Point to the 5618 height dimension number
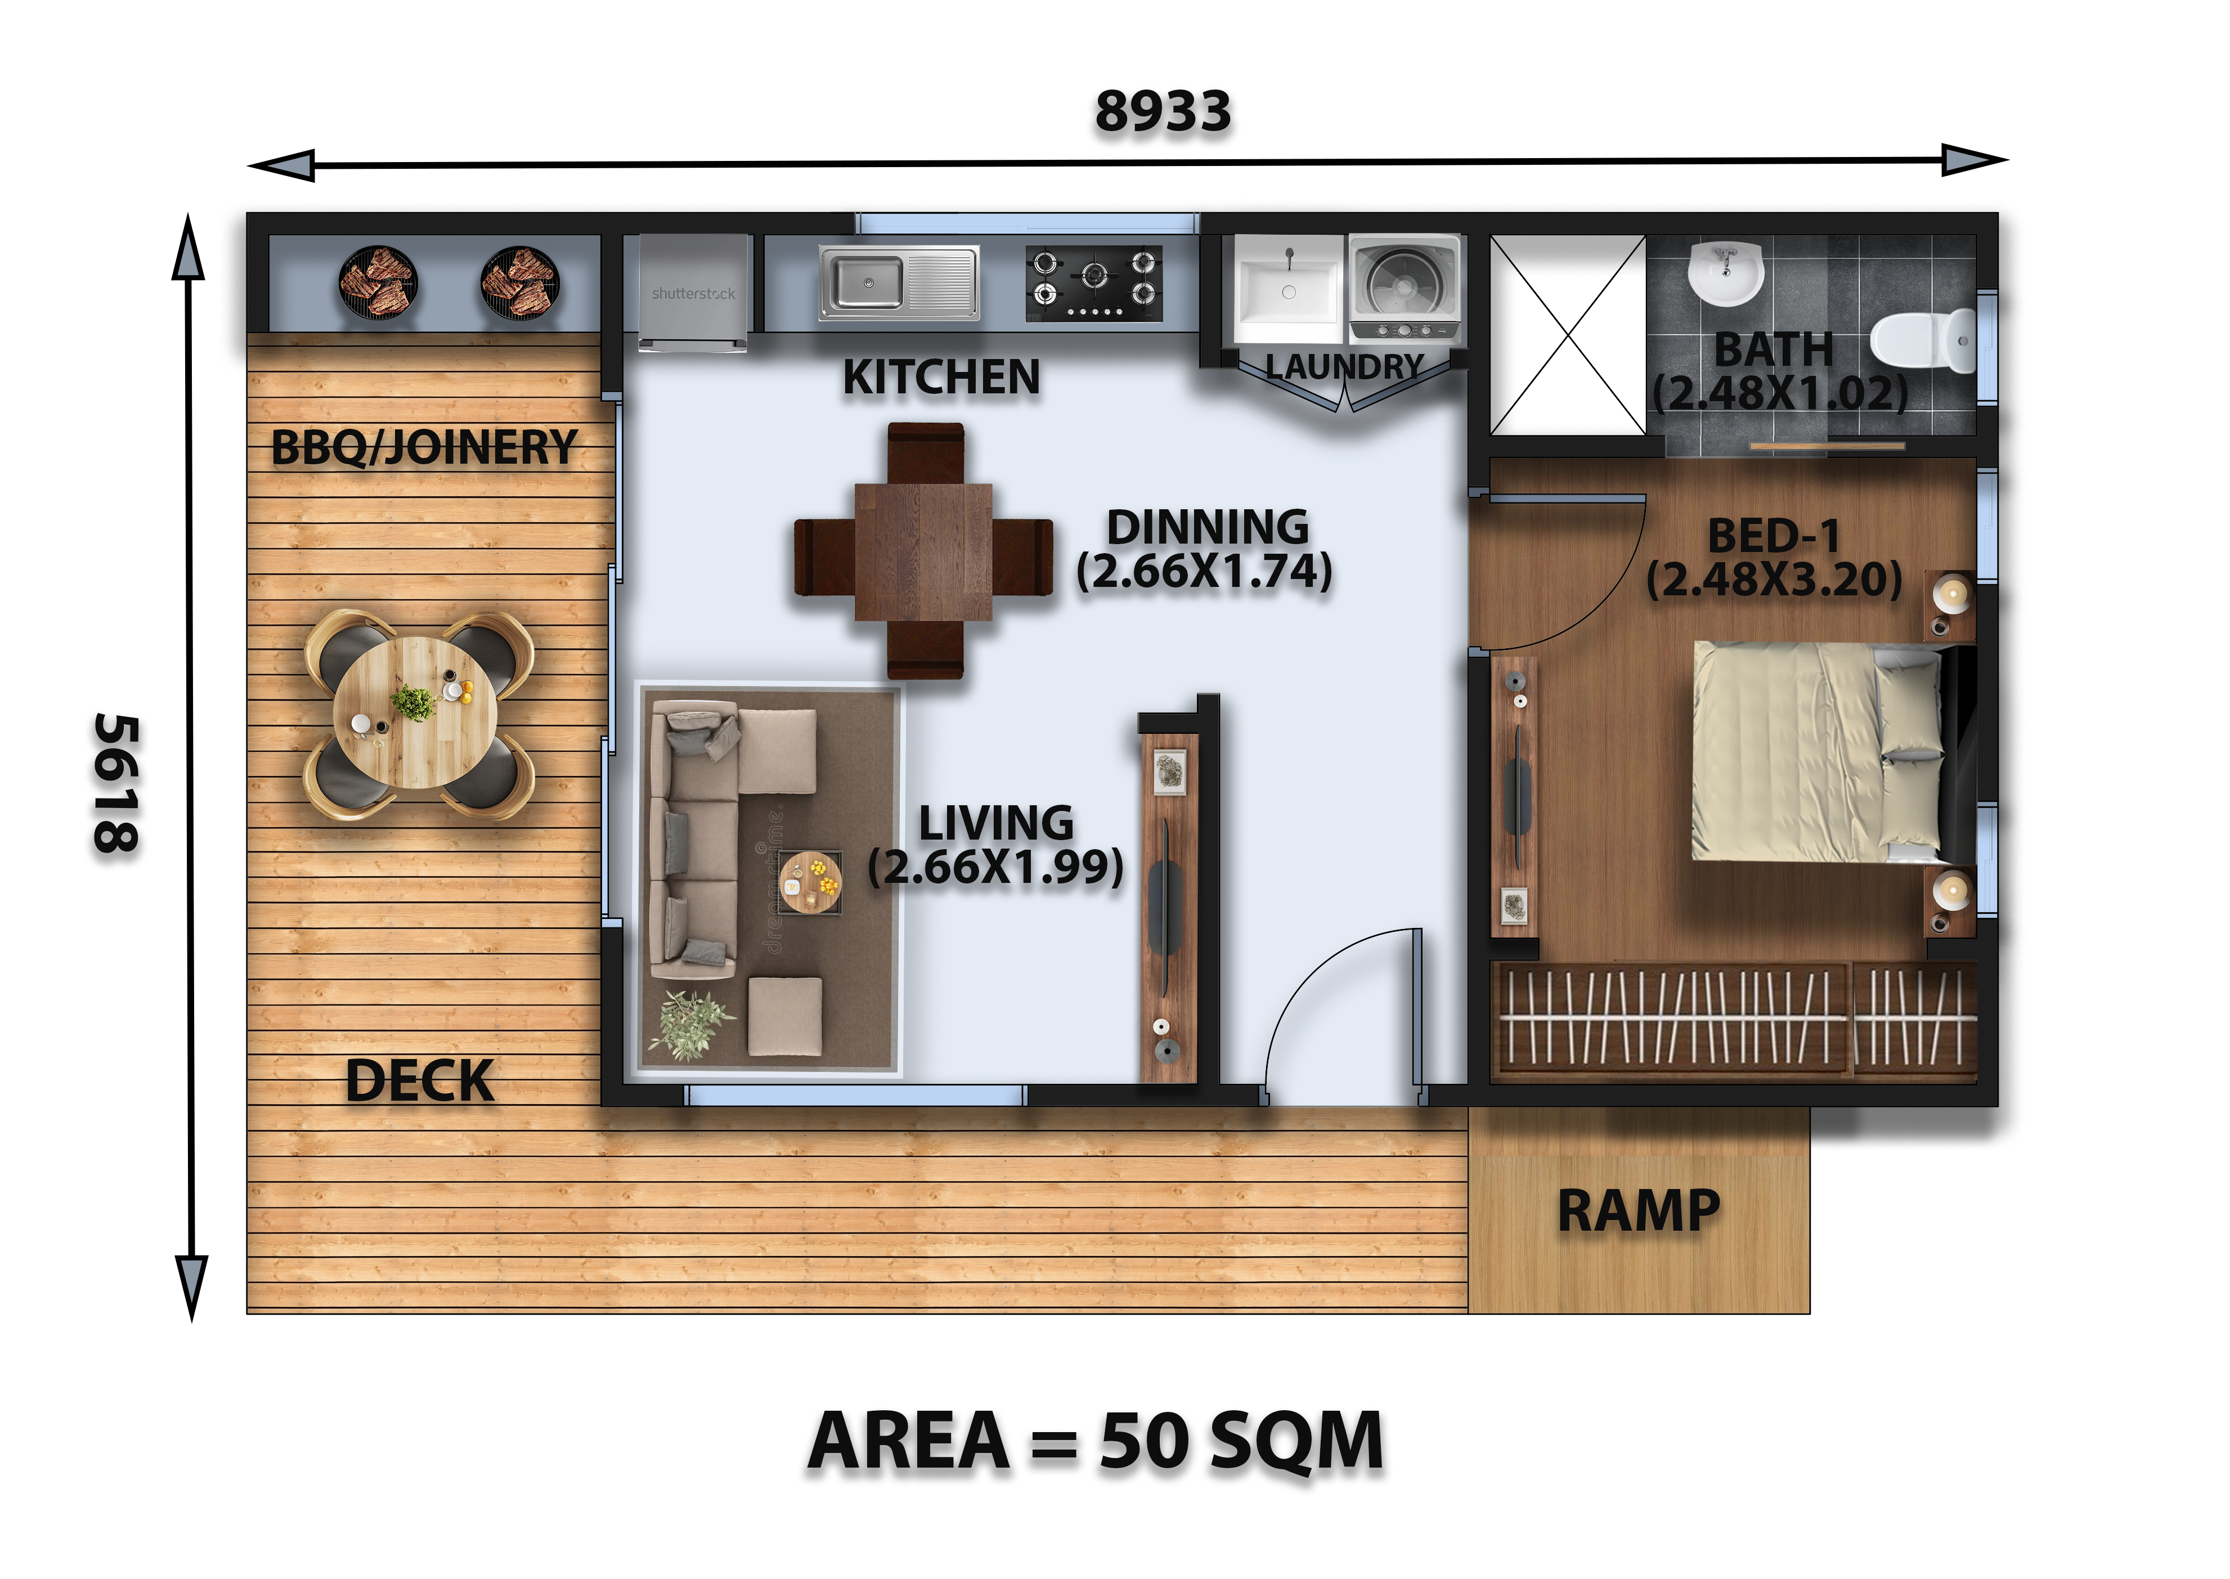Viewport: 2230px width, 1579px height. [x=116, y=784]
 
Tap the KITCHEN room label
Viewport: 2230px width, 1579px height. [x=941, y=377]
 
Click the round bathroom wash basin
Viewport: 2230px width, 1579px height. [x=1725, y=272]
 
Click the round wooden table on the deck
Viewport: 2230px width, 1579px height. [x=415, y=712]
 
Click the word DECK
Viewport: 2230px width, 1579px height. [x=420, y=1081]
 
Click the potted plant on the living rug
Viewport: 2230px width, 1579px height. [x=692, y=1024]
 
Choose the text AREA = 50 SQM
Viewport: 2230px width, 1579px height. [x=1096, y=1441]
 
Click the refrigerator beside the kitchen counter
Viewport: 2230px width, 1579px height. [x=694, y=291]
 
